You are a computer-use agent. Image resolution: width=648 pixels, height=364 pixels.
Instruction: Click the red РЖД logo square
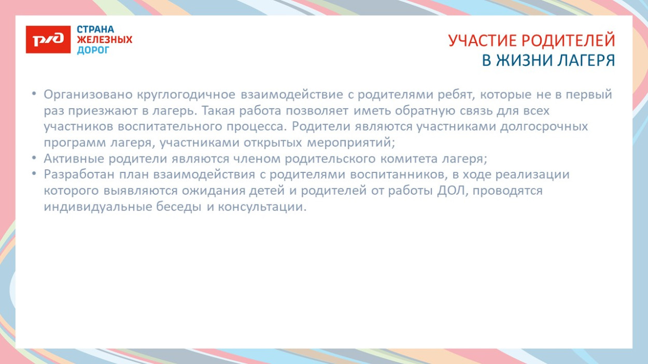click(48, 39)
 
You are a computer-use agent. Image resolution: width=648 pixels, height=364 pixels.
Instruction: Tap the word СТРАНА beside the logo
click(95, 29)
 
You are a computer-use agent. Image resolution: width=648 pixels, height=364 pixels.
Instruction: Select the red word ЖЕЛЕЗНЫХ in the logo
click(105, 39)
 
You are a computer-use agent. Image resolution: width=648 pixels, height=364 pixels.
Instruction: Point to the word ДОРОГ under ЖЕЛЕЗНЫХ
click(93, 50)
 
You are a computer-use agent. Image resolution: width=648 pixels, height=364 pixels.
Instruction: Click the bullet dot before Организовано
click(34, 94)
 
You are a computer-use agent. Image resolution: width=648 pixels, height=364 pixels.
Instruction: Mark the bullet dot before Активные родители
click(34, 158)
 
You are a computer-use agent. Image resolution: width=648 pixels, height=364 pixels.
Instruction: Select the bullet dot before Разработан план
click(34, 174)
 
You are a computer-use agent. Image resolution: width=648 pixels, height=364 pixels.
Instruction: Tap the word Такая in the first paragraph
click(218, 111)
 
